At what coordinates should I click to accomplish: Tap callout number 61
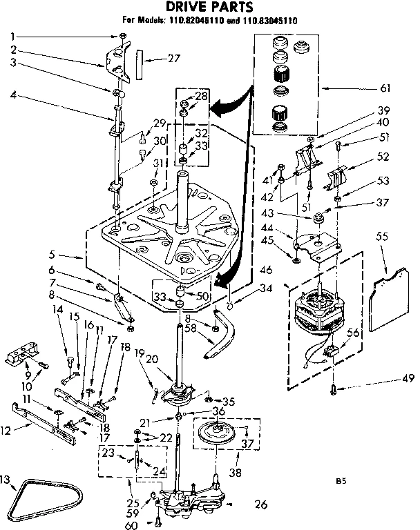[x=385, y=88]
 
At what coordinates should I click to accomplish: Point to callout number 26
[x=260, y=504]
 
